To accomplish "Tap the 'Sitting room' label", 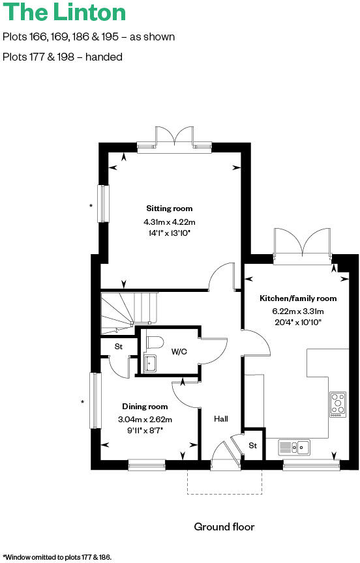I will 169,209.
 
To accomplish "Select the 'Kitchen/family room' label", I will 298,298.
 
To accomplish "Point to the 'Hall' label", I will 221,419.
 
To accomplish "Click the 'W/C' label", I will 179,352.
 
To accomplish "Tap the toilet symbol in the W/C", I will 154,341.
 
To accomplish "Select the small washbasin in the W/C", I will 149,364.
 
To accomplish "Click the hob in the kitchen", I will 338,404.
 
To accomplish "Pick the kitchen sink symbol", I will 295,447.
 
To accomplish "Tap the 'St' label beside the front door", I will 252,446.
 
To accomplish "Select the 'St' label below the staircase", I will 118,347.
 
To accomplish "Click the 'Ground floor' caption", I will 224,527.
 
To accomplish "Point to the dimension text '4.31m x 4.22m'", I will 169,222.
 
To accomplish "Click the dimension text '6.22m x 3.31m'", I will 298,311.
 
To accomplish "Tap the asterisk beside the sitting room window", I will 91,207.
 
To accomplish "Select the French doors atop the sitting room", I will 174,139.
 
